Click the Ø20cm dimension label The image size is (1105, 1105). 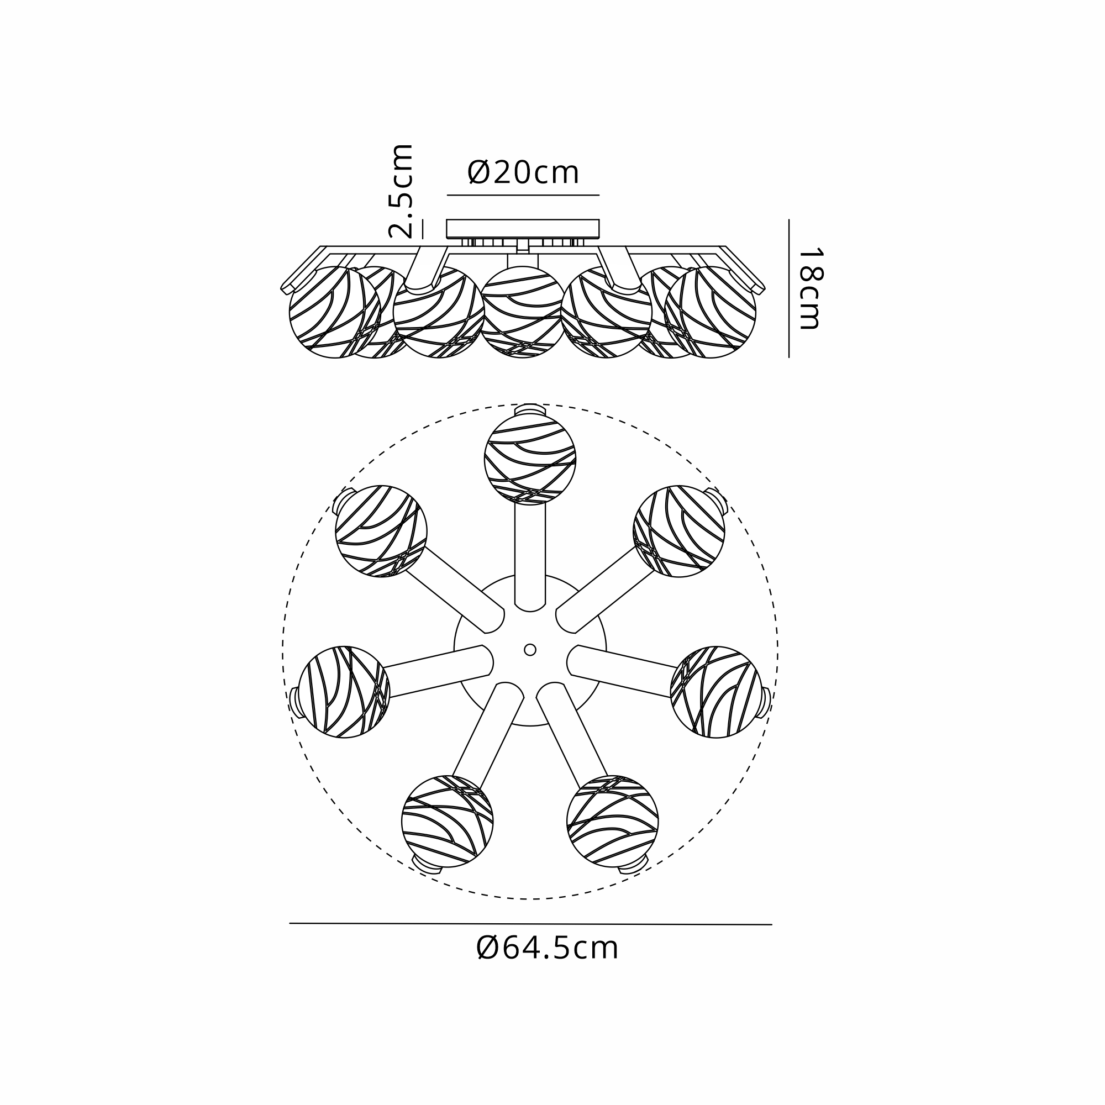coord(523,172)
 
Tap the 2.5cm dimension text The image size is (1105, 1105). coord(401,191)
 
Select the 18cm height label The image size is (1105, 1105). coord(810,288)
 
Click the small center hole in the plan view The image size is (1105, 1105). coord(530,650)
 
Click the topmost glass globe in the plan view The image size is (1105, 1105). coord(530,459)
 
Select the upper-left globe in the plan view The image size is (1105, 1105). coord(381,532)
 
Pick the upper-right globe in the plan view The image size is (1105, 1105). coord(679,532)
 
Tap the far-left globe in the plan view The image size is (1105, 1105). coord(344,692)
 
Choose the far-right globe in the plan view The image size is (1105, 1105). coord(716,692)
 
